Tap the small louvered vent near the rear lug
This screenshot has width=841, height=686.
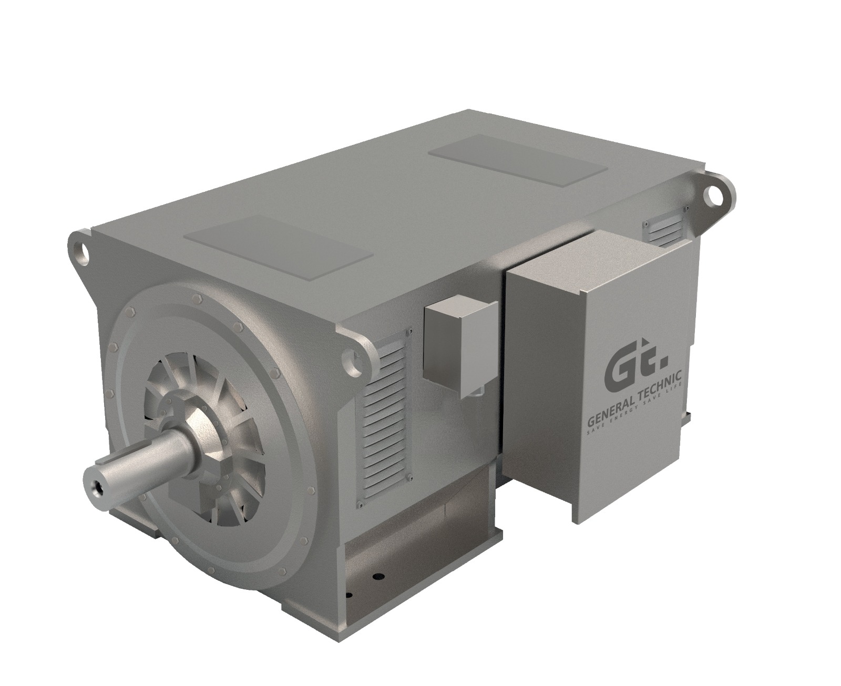663,226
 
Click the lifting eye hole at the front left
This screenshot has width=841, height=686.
81,247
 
